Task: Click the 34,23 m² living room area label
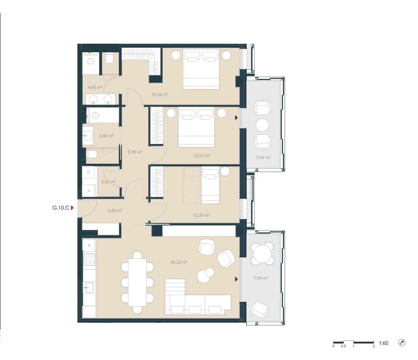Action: [x=179, y=262]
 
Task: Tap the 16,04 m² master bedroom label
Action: [x=160, y=94]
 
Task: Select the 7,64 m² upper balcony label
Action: [x=263, y=157]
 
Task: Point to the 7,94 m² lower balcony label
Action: [x=261, y=278]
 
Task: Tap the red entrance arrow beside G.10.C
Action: [x=72, y=208]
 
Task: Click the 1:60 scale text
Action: [x=383, y=343]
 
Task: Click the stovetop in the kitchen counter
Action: [x=89, y=259]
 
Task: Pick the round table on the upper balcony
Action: [x=263, y=125]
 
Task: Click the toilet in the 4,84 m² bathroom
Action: [x=91, y=154]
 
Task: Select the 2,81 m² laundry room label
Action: [x=108, y=182]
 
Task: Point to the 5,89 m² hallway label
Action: [x=135, y=152]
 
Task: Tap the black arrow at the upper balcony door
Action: [x=236, y=118]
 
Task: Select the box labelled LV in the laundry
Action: [x=89, y=172]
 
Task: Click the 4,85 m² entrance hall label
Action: [x=115, y=211]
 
